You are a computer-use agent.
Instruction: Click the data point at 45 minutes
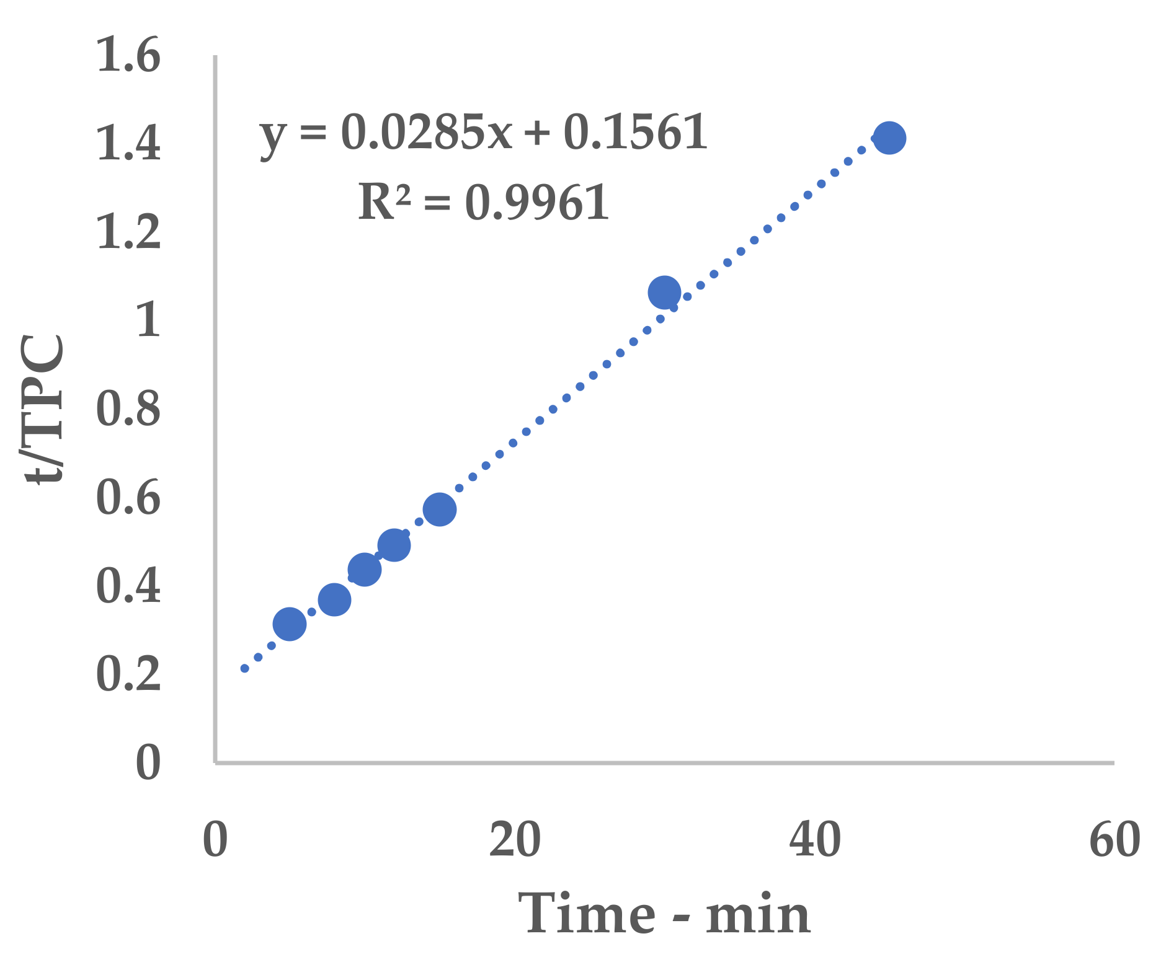point(889,138)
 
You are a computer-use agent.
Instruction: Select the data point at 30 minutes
point(664,293)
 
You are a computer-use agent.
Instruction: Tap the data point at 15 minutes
point(440,510)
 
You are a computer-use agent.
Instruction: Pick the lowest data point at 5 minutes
point(290,624)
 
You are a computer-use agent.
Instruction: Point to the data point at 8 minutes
point(334,599)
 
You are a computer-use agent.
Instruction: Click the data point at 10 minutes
point(364,569)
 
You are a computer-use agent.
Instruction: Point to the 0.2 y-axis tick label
point(129,674)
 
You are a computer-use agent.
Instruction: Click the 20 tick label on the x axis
point(515,840)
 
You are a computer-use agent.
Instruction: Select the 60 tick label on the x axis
point(1114,840)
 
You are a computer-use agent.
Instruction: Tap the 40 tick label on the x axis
point(815,840)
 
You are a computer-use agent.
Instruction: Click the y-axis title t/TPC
point(43,409)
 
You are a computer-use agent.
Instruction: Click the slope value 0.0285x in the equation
point(427,132)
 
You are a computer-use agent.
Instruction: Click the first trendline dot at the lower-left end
point(244,668)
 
